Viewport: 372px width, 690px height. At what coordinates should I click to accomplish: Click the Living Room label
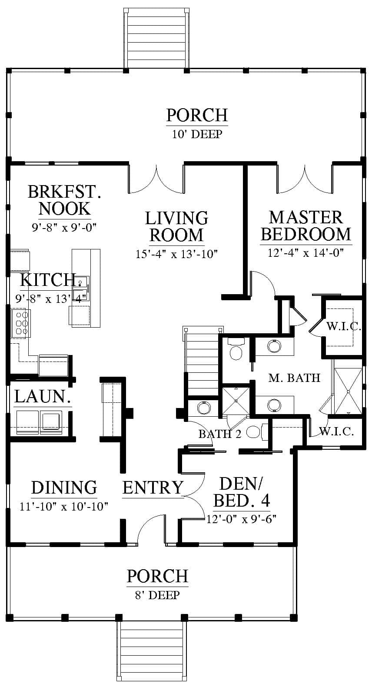(176, 226)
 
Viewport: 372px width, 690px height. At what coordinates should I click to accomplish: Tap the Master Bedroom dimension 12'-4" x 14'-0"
(306, 253)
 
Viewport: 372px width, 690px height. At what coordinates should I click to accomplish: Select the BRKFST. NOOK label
(64, 200)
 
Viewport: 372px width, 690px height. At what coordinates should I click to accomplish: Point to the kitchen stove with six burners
(20, 323)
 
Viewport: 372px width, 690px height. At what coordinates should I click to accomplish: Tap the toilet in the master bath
(236, 349)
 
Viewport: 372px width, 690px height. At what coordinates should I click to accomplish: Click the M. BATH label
(294, 378)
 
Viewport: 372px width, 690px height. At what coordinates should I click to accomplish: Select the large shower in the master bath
(348, 391)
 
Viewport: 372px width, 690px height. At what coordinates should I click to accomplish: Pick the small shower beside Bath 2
(236, 401)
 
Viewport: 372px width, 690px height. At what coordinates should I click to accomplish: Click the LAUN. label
(43, 397)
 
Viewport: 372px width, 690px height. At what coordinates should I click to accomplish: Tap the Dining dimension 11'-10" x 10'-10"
(64, 506)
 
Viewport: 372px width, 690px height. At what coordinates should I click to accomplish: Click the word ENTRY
(153, 488)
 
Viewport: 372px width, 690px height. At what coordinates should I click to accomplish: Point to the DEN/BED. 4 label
(241, 492)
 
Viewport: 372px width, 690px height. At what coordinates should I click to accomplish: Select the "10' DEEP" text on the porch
(197, 134)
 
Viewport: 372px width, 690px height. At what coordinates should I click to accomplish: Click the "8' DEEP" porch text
(157, 595)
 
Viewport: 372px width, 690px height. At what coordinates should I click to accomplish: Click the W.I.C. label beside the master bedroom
(344, 326)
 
